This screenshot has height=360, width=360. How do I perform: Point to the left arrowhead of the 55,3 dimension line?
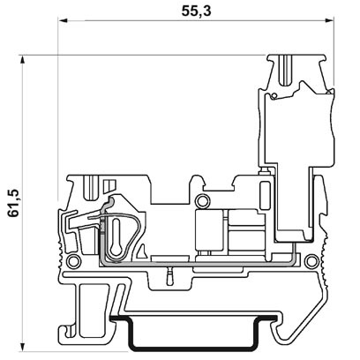coord(64,26)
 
